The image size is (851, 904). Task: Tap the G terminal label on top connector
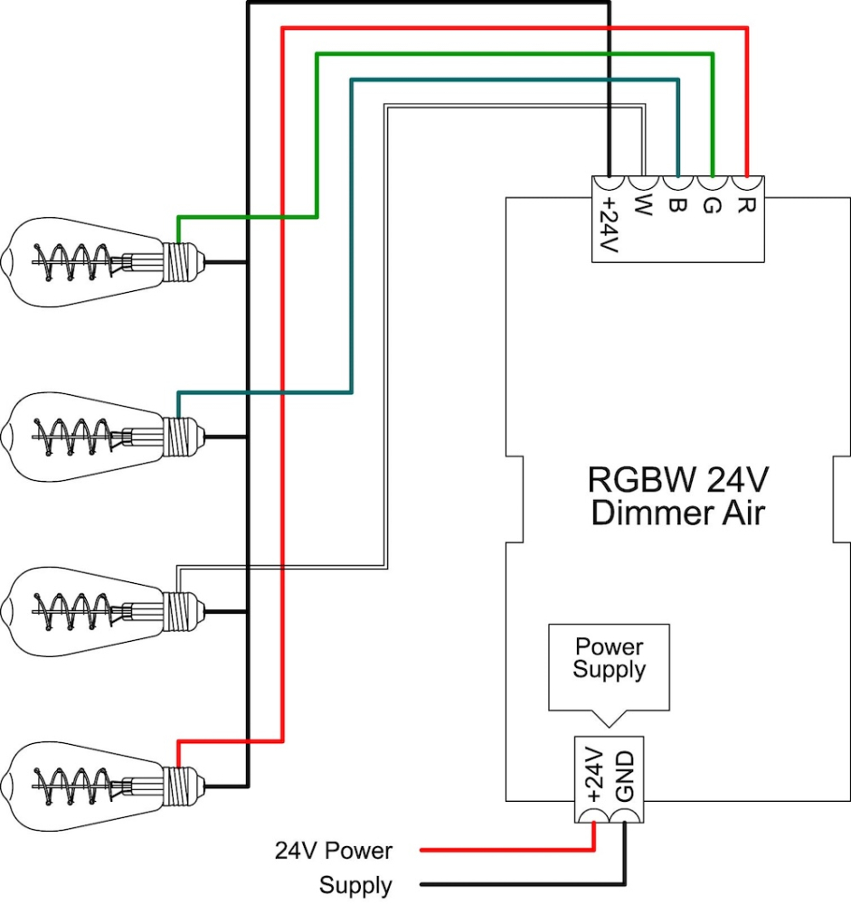(x=711, y=207)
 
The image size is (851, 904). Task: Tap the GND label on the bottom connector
(x=626, y=775)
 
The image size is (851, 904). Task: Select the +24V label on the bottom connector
(x=593, y=775)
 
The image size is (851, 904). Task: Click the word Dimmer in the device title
(x=644, y=513)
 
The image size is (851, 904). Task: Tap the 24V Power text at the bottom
(x=334, y=851)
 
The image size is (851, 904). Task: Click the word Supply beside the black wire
(x=355, y=885)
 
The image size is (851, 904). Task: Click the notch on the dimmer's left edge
(x=515, y=500)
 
